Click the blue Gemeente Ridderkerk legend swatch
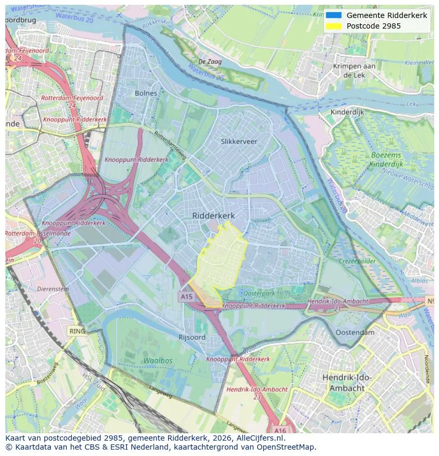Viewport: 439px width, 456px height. coord(333,15)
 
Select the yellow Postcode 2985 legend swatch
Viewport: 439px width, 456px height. coord(333,26)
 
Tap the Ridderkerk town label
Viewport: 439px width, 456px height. coord(213,216)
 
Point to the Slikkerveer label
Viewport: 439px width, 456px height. coord(239,141)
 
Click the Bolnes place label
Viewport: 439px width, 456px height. coord(146,93)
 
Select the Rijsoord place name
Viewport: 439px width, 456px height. coord(192,337)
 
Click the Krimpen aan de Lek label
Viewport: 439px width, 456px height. coord(354,70)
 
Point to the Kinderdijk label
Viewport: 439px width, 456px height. coord(347,112)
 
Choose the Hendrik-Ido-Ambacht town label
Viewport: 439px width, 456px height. coord(347,382)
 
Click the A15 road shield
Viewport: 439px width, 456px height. coord(187,297)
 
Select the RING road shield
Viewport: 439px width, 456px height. coord(77,332)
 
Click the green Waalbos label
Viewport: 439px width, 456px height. coord(157,360)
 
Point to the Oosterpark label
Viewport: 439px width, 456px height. coord(259,293)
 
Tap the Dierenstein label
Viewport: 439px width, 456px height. coord(53,289)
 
